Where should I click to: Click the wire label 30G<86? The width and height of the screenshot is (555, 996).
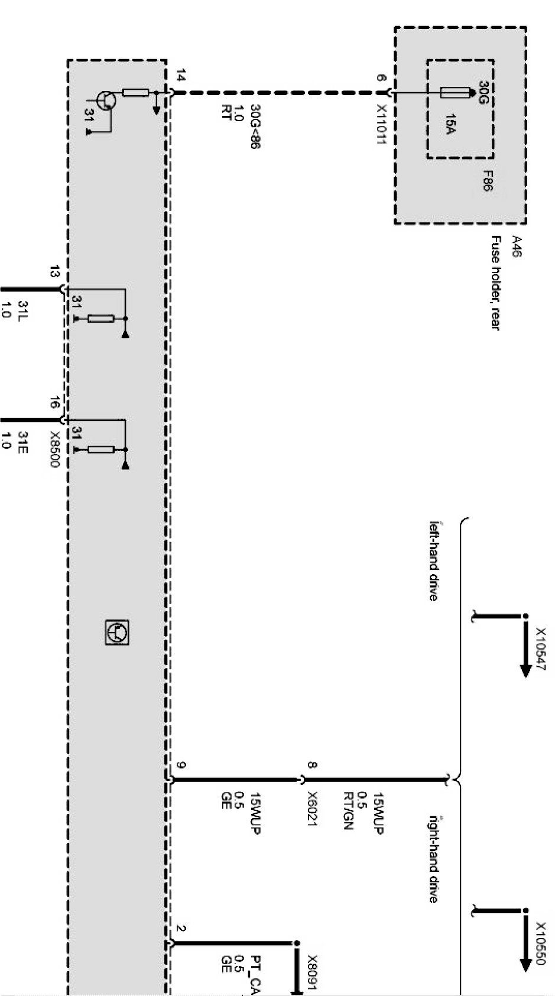tap(254, 126)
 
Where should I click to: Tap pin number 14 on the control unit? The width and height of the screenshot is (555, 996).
tap(180, 77)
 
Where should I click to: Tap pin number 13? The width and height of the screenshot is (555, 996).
tap(54, 272)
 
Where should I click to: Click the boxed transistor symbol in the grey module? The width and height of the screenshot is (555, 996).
tap(116, 632)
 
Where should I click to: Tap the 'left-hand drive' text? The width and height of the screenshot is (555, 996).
tap(433, 560)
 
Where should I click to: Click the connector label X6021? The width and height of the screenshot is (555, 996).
tap(313, 809)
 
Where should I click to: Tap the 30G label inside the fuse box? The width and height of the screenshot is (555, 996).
tap(482, 92)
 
